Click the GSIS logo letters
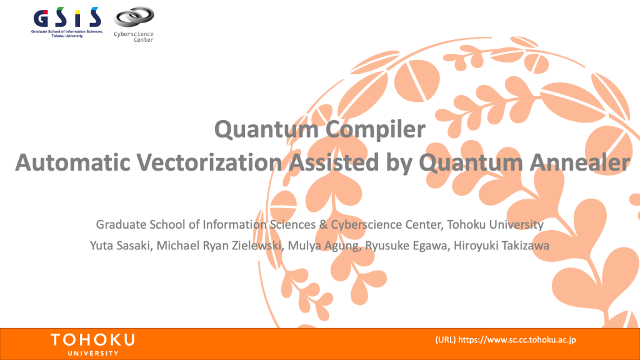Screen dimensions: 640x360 (67, 17)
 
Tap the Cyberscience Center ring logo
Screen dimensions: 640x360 (134, 17)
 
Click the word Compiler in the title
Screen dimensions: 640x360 (376, 130)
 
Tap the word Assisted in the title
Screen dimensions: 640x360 (334, 162)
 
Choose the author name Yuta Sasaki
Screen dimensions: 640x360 (120, 246)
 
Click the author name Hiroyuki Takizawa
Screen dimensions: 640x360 (502, 246)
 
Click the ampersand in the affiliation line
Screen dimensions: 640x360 (323, 224)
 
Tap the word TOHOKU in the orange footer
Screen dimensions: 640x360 (92, 339)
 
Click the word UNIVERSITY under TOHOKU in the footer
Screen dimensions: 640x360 (93, 354)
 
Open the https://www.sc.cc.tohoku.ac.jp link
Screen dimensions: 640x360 (517, 339)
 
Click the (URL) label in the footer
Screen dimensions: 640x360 (445, 339)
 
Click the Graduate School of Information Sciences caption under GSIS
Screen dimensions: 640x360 (67, 34)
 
